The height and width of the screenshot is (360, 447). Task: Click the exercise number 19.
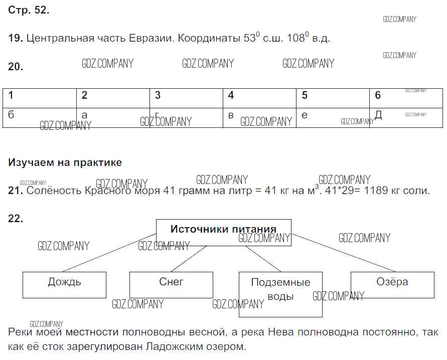[15, 38]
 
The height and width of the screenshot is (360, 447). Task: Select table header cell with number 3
[186, 96]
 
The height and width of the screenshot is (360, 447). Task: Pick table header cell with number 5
[333, 96]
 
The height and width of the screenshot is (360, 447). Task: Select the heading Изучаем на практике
[65, 162]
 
